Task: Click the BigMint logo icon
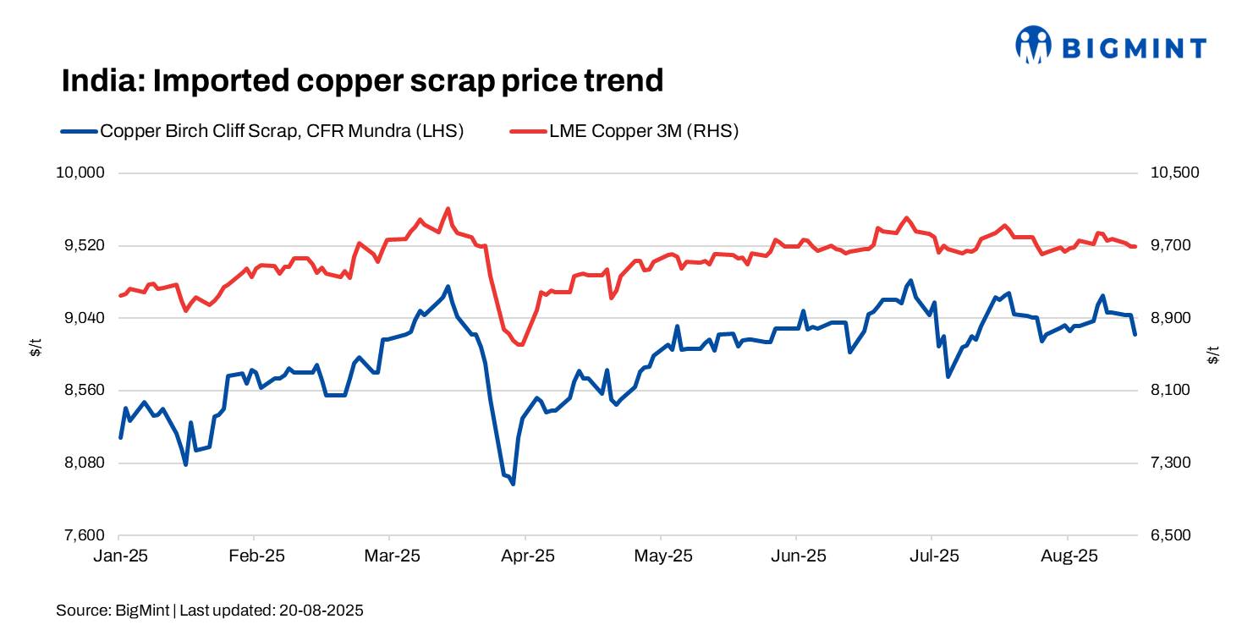click(1033, 45)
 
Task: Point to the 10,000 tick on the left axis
click(79, 173)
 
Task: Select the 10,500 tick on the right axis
click(1175, 173)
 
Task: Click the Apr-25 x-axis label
click(525, 556)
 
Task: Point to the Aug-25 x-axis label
click(1068, 556)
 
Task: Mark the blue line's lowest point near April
click(514, 484)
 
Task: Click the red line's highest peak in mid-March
click(447, 208)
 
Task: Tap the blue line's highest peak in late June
click(910, 281)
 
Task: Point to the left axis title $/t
click(36, 348)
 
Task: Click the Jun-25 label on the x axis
click(797, 556)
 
